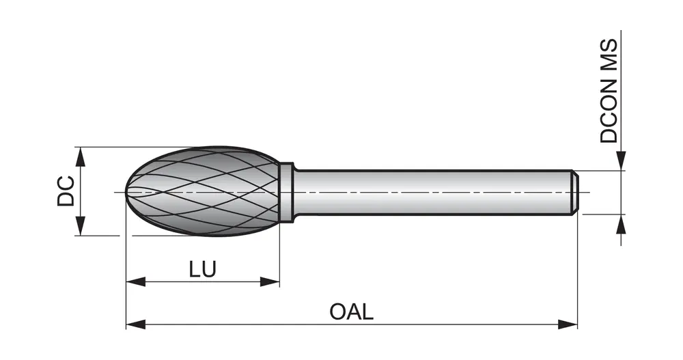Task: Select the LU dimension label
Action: tap(202, 269)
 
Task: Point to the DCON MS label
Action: tap(609, 90)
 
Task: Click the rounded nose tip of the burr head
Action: tap(129, 192)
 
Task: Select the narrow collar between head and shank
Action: tap(286, 191)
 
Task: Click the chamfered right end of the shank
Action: tap(575, 192)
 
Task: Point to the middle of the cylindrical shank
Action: tap(430, 192)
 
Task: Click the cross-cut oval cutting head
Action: tap(205, 191)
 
